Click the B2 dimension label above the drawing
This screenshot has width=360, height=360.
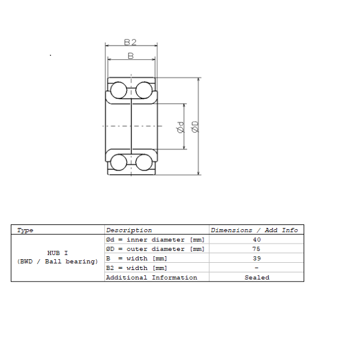tap(130, 42)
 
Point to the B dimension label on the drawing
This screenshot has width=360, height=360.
tap(131, 56)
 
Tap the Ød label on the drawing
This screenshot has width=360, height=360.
tap(181, 127)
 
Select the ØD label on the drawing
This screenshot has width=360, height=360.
tap(195, 127)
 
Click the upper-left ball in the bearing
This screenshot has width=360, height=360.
tap(118, 90)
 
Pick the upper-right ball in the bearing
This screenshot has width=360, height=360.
tap(144, 90)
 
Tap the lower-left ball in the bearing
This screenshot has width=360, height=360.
tap(118, 162)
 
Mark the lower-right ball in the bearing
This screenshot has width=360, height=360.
tap(144, 162)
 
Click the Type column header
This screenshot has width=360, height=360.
tap(25, 230)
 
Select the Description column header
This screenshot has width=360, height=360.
tap(129, 230)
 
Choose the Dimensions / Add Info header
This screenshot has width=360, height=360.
tap(254, 230)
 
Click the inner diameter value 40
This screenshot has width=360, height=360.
tap(257, 239)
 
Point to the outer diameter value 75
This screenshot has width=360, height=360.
tap(256, 249)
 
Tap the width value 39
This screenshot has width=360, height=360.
tap(257, 258)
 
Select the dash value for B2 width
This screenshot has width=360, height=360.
tap(256, 268)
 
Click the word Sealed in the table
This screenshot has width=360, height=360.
tap(257, 278)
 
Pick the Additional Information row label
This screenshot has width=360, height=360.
tap(152, 278)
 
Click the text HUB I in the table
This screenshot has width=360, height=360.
tap(58, 253)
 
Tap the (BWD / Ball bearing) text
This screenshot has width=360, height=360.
tap(58, 262)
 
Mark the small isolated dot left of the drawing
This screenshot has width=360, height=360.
tap(50, 55)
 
